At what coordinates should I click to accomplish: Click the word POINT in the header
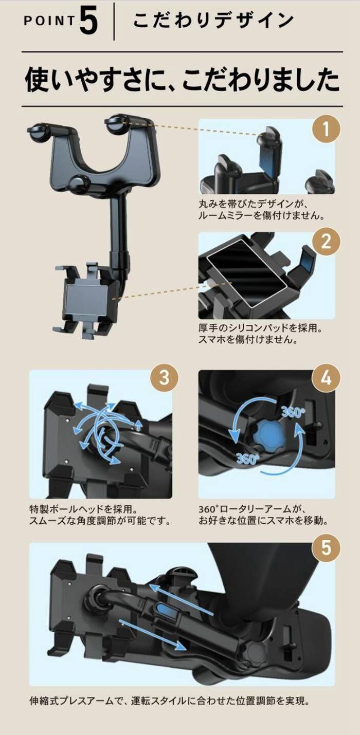49,21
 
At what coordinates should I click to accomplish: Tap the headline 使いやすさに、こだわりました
182,80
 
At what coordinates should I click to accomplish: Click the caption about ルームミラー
262,209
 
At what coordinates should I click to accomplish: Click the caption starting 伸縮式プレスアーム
170,701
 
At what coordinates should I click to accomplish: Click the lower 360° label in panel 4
248,459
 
